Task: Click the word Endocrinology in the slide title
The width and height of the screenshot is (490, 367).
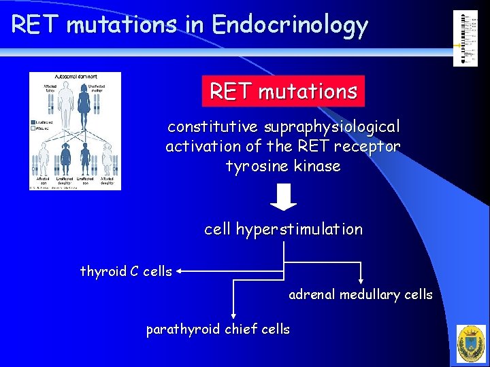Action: coord(290,26)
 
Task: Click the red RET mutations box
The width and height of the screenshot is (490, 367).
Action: coord(283,91)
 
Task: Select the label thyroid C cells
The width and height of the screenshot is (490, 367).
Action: coord(126,271)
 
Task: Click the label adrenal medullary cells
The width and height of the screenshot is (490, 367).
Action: coord(361,294)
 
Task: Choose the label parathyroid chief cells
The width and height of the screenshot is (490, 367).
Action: coord(218,330)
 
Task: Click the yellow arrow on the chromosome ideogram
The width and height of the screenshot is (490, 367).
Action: coord(457,46)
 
